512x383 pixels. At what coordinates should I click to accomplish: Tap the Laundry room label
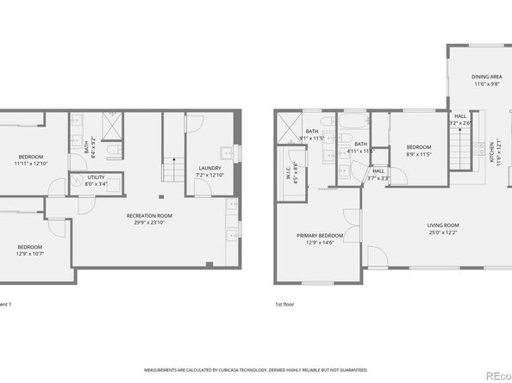pos(209,170)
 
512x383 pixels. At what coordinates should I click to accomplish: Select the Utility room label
pos(96,180)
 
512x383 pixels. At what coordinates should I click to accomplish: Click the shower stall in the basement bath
pos(113,127)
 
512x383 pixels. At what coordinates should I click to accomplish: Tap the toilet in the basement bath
pos(113,152)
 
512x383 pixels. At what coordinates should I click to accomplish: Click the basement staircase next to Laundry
pos(173,169)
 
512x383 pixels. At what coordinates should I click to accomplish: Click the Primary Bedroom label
pos(320,239)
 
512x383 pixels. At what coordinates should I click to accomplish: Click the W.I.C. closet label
pos(291,169)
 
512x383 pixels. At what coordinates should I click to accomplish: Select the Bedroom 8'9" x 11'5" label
pos(419,151)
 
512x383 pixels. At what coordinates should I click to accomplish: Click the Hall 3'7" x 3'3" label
pos(378,175)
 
